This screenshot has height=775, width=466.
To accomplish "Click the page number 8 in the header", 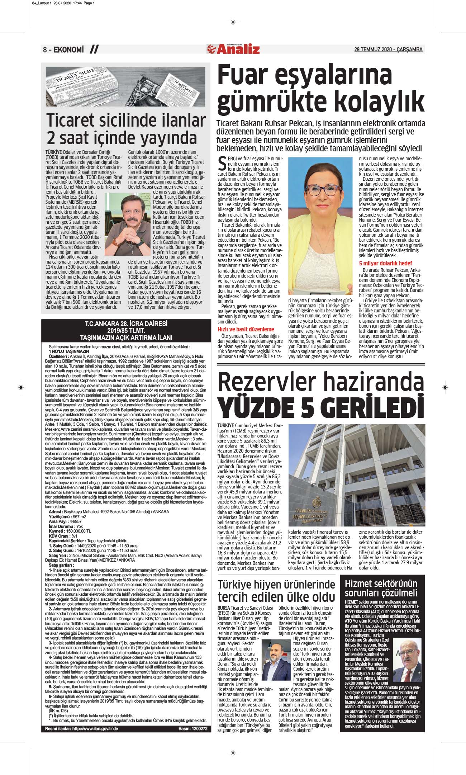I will (x=45, y=50).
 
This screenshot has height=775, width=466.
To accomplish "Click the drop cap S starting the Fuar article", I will (x=222, y=163).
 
